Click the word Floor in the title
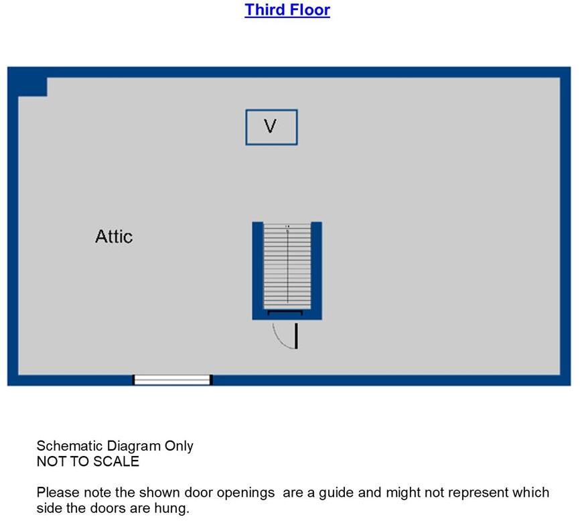tap(309, 9)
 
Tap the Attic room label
tap(114, 236)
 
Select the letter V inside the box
tap(271, 126)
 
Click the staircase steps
tap(287, 266)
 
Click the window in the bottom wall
tap(172, 380)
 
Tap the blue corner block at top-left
tap(33, 86)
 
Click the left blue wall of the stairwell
tap(257, 270)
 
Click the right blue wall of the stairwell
tap(317, 270)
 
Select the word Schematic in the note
tap(68, 446)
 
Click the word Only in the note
tap(179, 447)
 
